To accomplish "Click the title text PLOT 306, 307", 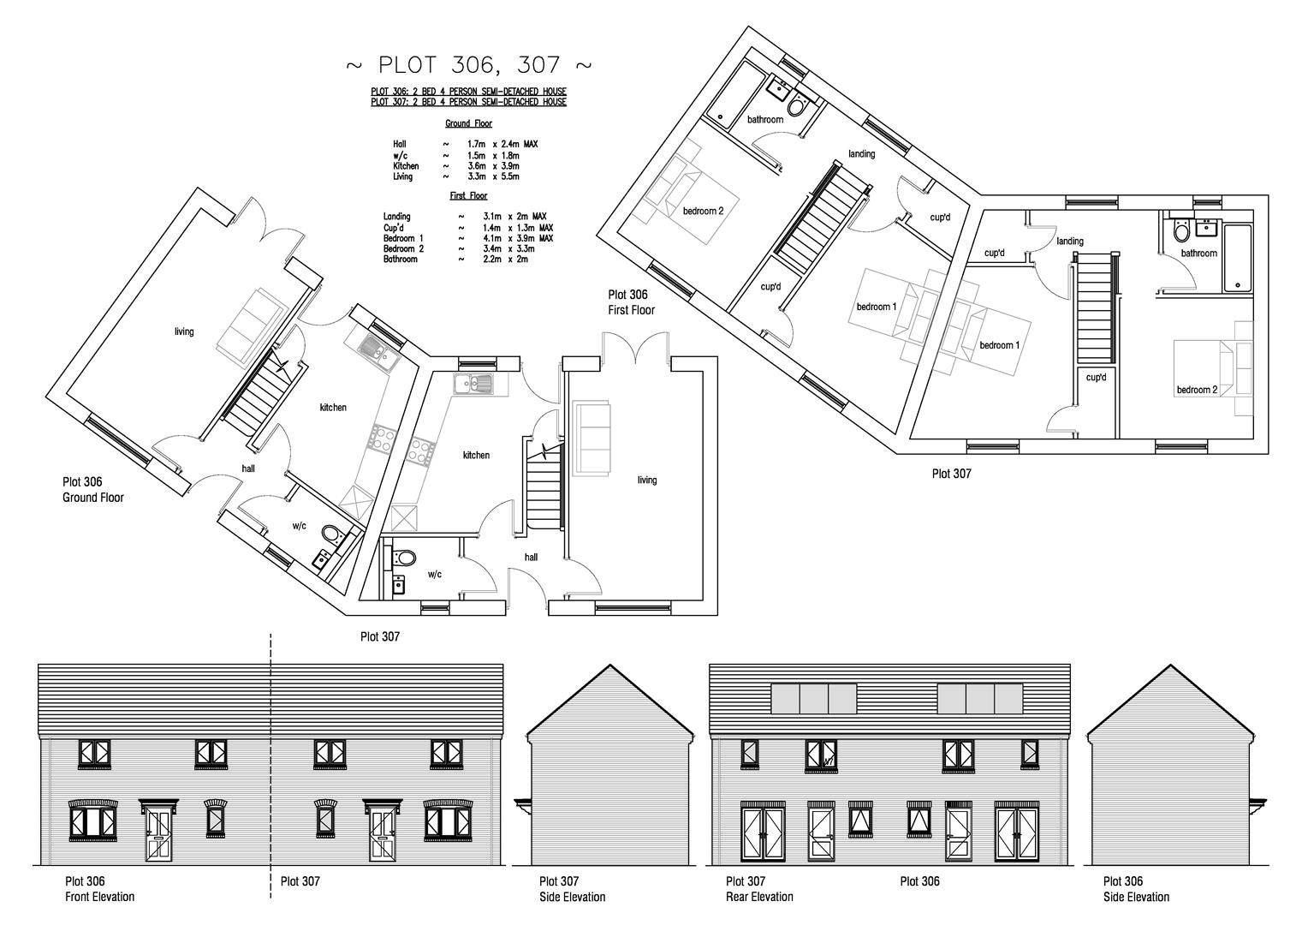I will [x=468, y=65].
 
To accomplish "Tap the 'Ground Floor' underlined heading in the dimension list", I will [x=468, y=124].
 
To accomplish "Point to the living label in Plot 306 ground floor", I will [x=184, y=331].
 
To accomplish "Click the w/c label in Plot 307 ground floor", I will [x=434, y=574].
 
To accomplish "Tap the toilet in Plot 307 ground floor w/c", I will [x=401, y=557].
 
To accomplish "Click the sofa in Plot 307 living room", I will [x=592, y=437].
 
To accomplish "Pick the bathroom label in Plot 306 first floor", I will [x=764, y=120].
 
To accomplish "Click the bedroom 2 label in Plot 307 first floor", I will [x=1197, y=390].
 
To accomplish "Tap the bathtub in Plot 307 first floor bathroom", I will [x=1239, y=258].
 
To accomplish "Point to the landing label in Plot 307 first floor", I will [x=1070, y=242].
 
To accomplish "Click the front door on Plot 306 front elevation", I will [x=158, y=832].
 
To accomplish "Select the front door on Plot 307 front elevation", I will [x=381, y=832].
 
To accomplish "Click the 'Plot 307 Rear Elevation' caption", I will [x=758, y=889].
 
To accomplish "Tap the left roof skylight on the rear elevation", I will [x=814, y=699].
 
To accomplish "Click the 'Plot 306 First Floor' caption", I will [x=632, y=302].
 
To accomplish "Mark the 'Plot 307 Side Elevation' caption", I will [x=572, y=889].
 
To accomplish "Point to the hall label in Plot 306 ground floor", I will [x=248, y=468].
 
